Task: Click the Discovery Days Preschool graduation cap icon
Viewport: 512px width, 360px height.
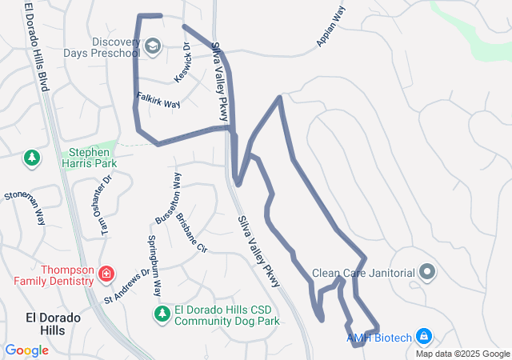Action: (153, 47)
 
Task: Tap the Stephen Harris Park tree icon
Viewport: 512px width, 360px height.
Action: (32, 158)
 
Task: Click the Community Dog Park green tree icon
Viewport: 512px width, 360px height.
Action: (162, 313)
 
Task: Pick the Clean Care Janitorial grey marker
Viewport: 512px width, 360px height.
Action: (427, 273)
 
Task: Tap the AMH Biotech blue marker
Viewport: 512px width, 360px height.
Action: (424, 337)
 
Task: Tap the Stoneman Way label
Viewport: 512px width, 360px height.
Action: (24, 207)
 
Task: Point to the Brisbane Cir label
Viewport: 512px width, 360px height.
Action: (192, 233)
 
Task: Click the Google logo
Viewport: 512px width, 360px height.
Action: (26, 350)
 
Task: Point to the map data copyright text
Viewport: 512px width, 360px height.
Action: (462, 354)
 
